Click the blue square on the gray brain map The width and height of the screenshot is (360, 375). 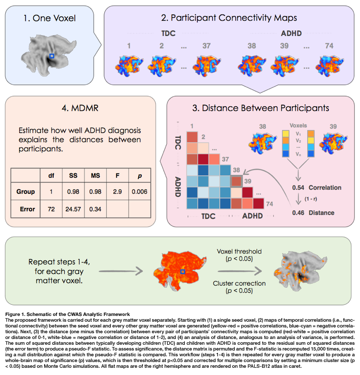52,57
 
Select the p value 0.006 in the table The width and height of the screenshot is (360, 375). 139,191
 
